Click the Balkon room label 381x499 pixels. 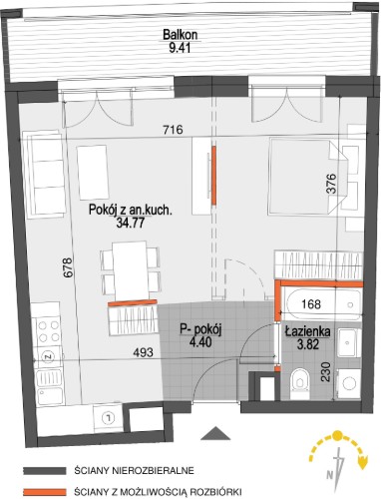(181, 34)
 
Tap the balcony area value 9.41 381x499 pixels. (180, 48)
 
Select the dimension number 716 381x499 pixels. (174, 129)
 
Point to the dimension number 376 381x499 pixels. (331, 184)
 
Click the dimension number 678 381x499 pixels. (67, 267)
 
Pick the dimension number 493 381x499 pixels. (143, 352)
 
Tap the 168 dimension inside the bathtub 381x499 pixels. (311, 303)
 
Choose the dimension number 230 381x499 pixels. (326, 372)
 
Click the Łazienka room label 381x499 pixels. (307, 331)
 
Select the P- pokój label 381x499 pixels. (200, 329)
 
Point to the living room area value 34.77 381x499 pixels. (131, 223)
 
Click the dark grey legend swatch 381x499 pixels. (45, 471)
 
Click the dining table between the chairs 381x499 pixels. (130, 270)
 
